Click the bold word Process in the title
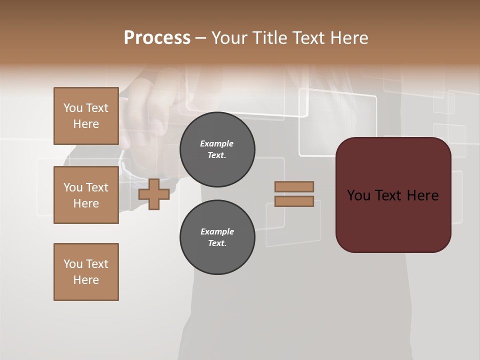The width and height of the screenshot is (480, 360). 157,38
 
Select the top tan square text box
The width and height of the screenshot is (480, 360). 86,116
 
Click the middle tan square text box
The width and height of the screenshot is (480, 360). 86,195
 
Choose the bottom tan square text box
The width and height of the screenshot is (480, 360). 86,272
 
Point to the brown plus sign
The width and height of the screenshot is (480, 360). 153,194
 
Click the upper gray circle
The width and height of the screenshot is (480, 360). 217,149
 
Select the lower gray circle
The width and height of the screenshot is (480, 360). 217,237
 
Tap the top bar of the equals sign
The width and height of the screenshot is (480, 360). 294,186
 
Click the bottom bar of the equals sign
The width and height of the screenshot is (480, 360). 294,201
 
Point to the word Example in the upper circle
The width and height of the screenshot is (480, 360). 217,144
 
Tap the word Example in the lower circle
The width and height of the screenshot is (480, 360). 217,231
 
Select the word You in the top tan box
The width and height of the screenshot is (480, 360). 72,108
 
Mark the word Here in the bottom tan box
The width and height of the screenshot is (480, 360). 86,280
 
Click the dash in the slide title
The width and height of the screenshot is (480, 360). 200,38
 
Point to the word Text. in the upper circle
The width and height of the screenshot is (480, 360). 217,155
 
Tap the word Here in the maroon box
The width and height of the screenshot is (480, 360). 423,195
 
